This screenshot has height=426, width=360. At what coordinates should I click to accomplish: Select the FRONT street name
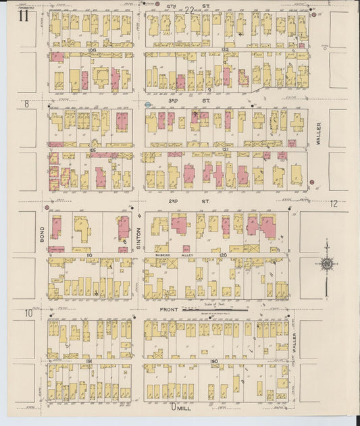pyautogui.click(x=170, y=311)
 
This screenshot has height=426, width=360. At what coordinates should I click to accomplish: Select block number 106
pyautogui.click(x=93, y=50)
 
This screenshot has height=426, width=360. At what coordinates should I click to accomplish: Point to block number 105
pyautogui.click(x=93, y=149)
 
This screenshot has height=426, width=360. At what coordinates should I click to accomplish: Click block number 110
pyautogui.click(x=88, y=255)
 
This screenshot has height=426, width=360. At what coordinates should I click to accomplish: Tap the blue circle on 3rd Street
pyautogui.click(x=148, y=105)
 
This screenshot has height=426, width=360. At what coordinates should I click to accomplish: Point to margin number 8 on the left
pyautogui.click(x=27, y=104)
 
